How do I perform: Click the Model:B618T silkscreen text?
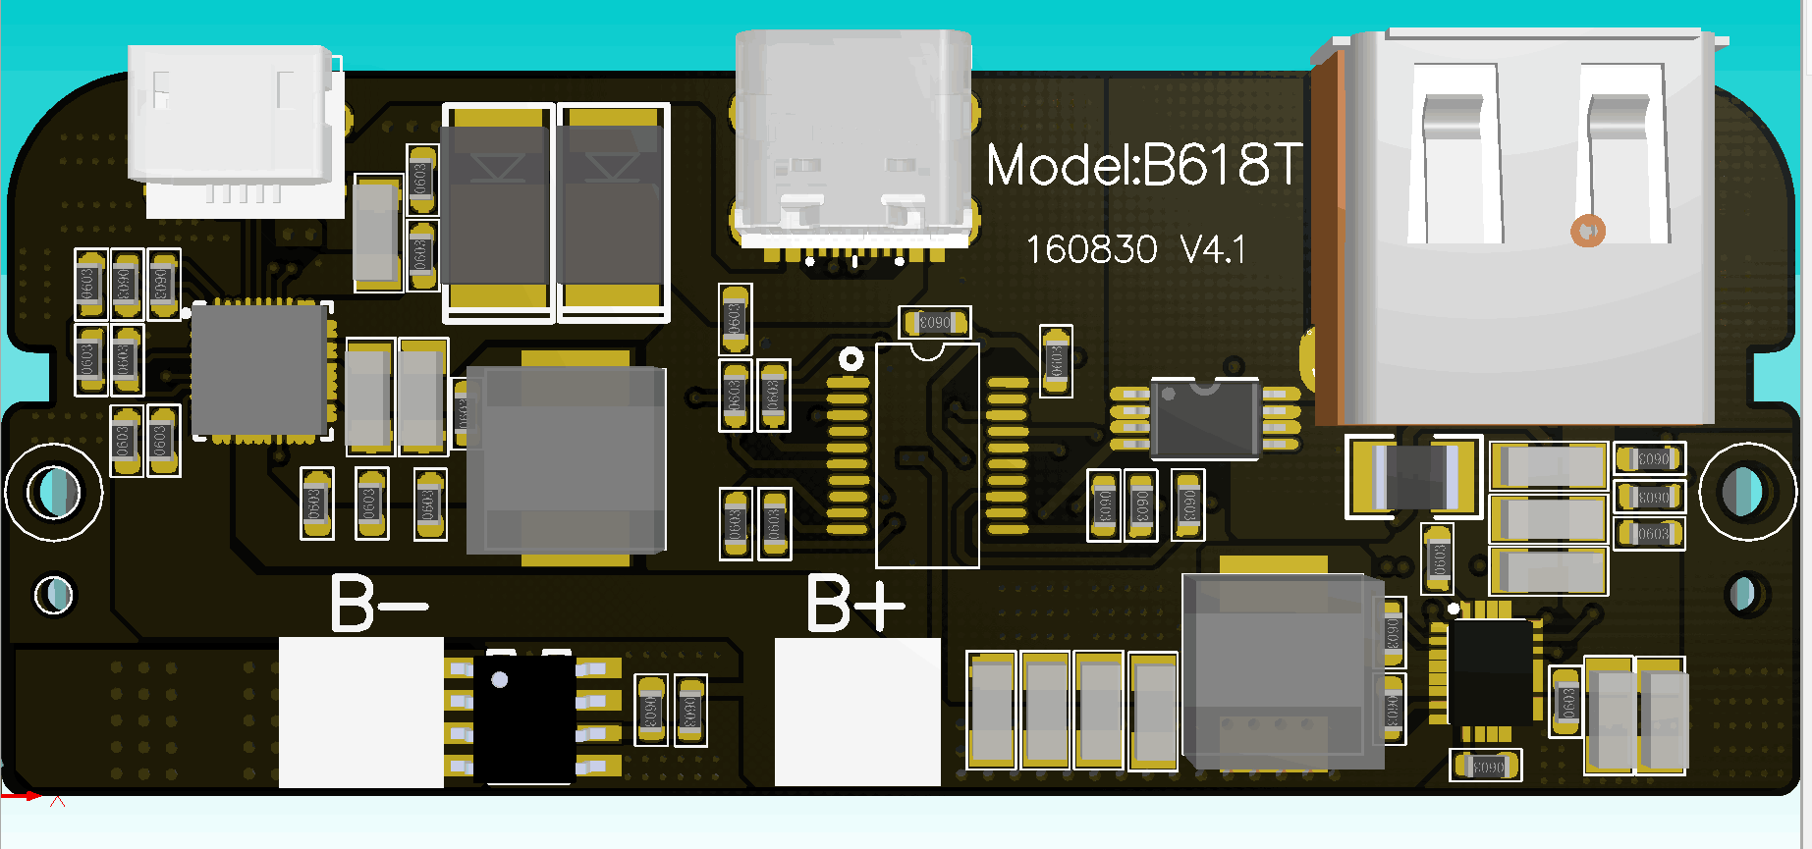(1143, 165)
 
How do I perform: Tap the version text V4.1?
(1213, 250)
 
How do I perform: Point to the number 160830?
(1091, 250)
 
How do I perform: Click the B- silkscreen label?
(378, 603)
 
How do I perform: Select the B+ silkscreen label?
(854, 603)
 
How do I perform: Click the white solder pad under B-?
(360, 712)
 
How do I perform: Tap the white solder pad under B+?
(856, 712)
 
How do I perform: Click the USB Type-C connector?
(852, 137)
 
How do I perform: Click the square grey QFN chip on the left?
(259, 369)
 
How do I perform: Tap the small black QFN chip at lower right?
(1489, 671)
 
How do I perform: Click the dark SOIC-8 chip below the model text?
(1204, 418)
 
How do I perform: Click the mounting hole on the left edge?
(54, 492)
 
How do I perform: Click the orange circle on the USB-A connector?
(1587, 231)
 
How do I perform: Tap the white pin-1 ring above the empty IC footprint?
(851, 359)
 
